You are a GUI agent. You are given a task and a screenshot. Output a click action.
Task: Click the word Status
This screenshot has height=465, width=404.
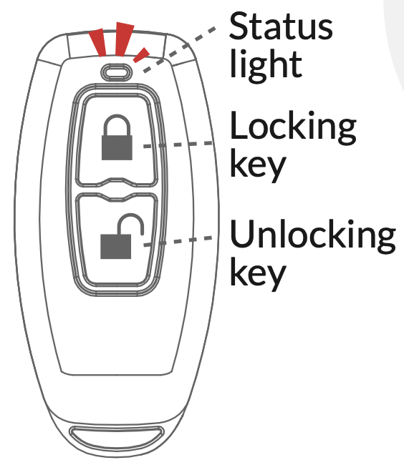281,26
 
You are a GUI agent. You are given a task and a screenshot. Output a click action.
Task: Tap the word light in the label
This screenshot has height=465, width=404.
266,64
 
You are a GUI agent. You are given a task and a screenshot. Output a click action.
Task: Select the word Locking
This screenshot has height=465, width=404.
293,127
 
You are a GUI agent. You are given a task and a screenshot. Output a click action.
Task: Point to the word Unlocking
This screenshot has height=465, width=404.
312,236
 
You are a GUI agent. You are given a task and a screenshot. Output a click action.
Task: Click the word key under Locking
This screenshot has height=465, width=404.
258,166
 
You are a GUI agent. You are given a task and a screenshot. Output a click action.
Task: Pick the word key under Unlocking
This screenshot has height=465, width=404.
258,275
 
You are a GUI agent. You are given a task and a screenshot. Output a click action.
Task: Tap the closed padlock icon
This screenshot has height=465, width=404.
117,137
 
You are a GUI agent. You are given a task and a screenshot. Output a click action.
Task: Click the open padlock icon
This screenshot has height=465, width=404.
122,236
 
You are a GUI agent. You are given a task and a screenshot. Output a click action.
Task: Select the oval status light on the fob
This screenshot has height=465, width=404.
117,72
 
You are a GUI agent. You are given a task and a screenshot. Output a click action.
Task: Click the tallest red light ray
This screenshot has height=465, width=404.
123,39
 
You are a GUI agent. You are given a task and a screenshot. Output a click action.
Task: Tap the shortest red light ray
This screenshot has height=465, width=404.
141,55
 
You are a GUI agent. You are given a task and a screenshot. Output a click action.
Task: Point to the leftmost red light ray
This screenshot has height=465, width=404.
99,42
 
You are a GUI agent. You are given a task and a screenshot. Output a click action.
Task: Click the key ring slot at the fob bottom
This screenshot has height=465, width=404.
117,436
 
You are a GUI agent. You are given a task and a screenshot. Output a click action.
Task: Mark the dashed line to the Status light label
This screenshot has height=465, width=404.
179,50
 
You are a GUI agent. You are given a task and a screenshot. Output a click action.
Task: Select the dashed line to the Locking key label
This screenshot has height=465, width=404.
178,145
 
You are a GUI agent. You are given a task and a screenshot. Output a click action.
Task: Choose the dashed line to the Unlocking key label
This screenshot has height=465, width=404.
178,241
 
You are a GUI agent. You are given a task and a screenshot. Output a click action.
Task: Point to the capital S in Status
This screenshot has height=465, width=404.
239,26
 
